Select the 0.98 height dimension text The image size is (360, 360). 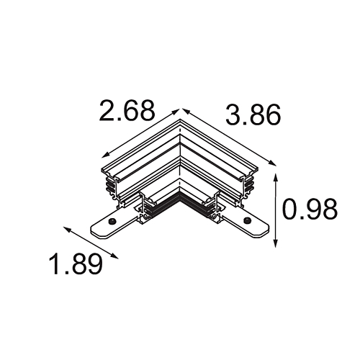click(310, 210)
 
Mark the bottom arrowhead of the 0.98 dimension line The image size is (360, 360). click(276, 245)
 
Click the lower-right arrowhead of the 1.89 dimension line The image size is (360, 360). click(117, 255)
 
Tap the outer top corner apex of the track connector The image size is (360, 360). click(179, 120)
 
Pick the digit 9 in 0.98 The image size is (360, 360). click(310, 210)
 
